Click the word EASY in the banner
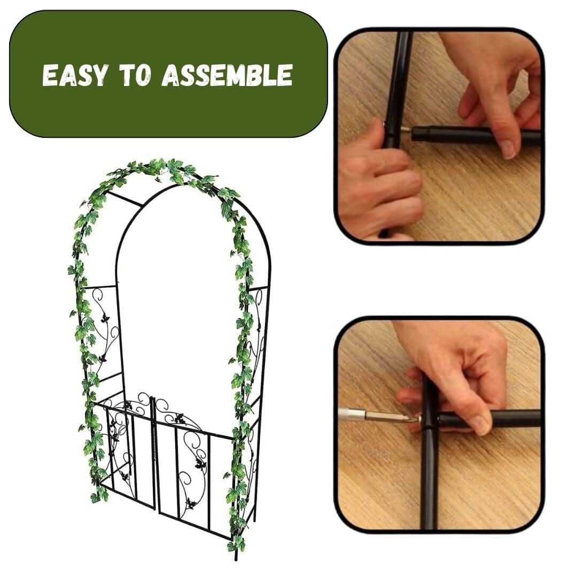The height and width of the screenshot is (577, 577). tap(75, 75)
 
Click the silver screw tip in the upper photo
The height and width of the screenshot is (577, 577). tap(405, 129)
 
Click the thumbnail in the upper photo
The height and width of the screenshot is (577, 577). tap(509, 149)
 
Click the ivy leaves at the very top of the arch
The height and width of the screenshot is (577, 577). tap(162, 169)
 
